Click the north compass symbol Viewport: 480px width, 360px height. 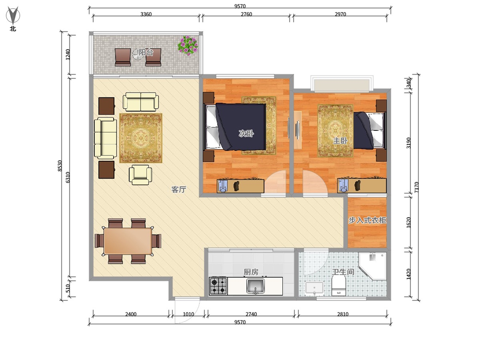click(13, 15)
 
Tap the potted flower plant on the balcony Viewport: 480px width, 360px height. click(187, 45)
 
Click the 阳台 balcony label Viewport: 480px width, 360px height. click(146, 52)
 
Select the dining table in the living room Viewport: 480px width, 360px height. click(128, 241)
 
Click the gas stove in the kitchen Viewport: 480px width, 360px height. click(218, 286)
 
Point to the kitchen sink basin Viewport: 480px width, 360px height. click(255, 286)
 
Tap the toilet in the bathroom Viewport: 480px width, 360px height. click(338, 285)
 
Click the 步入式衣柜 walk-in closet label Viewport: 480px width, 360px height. click(367, 220)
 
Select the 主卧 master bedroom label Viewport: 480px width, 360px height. click(340, 141)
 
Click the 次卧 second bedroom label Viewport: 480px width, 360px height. click(246, 133)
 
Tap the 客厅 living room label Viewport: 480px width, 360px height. click(178, 189)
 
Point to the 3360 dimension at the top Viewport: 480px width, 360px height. click(146, 14)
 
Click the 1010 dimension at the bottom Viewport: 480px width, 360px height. click(188, 314)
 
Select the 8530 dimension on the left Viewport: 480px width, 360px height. click(60, 166)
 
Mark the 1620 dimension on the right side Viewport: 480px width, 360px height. click(408, 222)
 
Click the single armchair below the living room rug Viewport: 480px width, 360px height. click(140, 175)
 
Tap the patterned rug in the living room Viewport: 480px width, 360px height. click(141, 138)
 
